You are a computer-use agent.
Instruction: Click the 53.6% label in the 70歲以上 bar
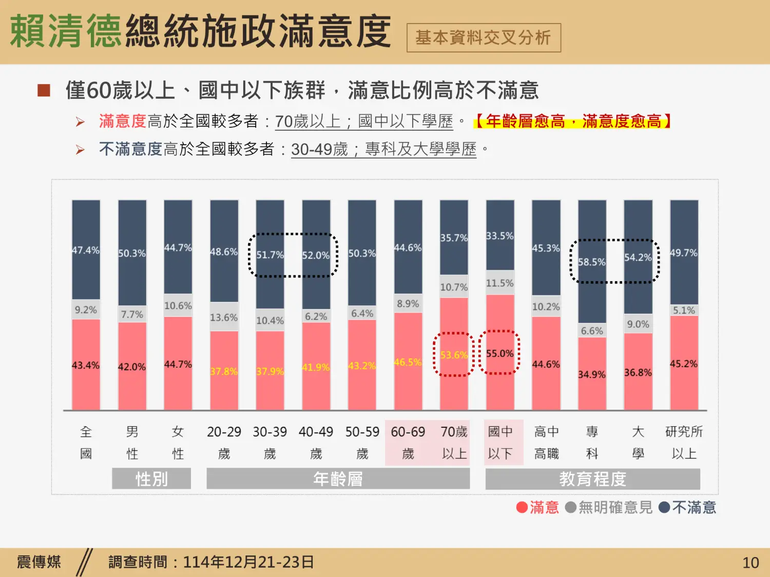tap(454, 355)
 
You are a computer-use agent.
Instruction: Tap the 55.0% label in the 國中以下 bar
tap(499, 353)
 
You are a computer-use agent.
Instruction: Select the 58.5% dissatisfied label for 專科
tap(591, 262)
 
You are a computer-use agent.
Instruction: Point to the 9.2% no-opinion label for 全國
tap(86, 310)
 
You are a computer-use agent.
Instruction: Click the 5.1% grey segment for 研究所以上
tap(684, 310)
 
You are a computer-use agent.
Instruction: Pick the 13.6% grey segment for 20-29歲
tap(224, 317)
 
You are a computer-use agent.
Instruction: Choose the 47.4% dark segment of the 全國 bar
tap(86, 250)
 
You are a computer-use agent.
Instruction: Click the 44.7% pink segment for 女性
tap(178, 364)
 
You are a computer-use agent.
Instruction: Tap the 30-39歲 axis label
tap(269, 442)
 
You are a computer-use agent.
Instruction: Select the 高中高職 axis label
tap(546, 442)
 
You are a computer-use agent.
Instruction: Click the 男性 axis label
tap(132, 442)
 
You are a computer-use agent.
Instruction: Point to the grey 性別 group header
tap(151, 479)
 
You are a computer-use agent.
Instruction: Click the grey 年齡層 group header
tap(338, 479)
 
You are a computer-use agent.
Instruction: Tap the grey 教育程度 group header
tap(592, 479)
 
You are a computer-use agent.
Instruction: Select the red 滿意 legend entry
tap(537, 507)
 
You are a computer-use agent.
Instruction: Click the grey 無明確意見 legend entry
tap(609, 507)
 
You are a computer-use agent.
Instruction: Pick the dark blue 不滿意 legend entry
tap(687, 507)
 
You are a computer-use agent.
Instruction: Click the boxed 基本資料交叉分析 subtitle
tap(483, 37)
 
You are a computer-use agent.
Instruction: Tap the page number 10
tap(750, 563)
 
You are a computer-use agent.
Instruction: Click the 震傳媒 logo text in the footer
tap(39, 562)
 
